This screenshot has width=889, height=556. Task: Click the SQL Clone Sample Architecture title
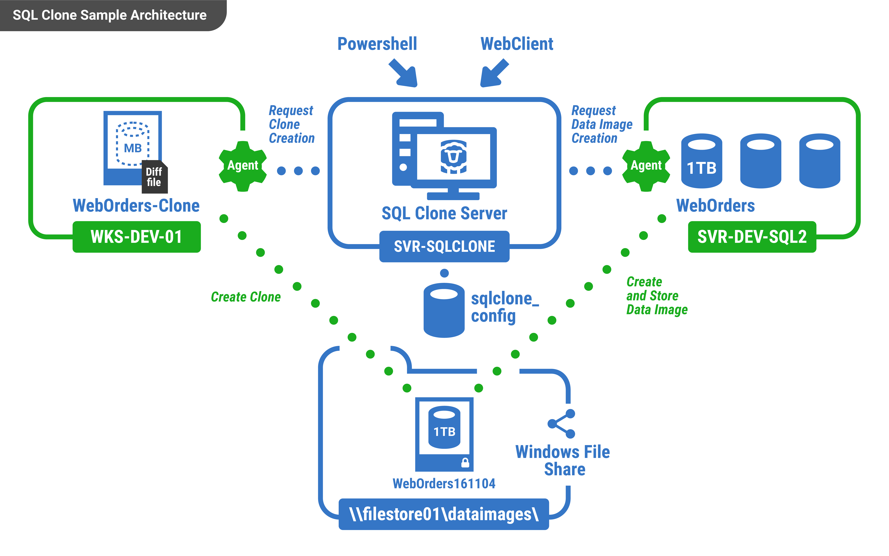(109, 15)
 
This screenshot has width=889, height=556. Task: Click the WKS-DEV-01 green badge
(136, 237)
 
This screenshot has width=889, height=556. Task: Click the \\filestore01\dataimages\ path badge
(443, 514)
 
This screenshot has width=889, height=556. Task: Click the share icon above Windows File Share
(561, 424)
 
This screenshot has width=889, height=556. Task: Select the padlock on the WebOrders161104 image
(465, 463)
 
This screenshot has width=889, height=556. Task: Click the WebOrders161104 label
(443, 484)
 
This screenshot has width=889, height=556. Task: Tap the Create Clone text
(245, 297)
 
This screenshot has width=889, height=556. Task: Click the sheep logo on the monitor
(453, 156)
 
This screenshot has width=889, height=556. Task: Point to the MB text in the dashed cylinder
(133, 148)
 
